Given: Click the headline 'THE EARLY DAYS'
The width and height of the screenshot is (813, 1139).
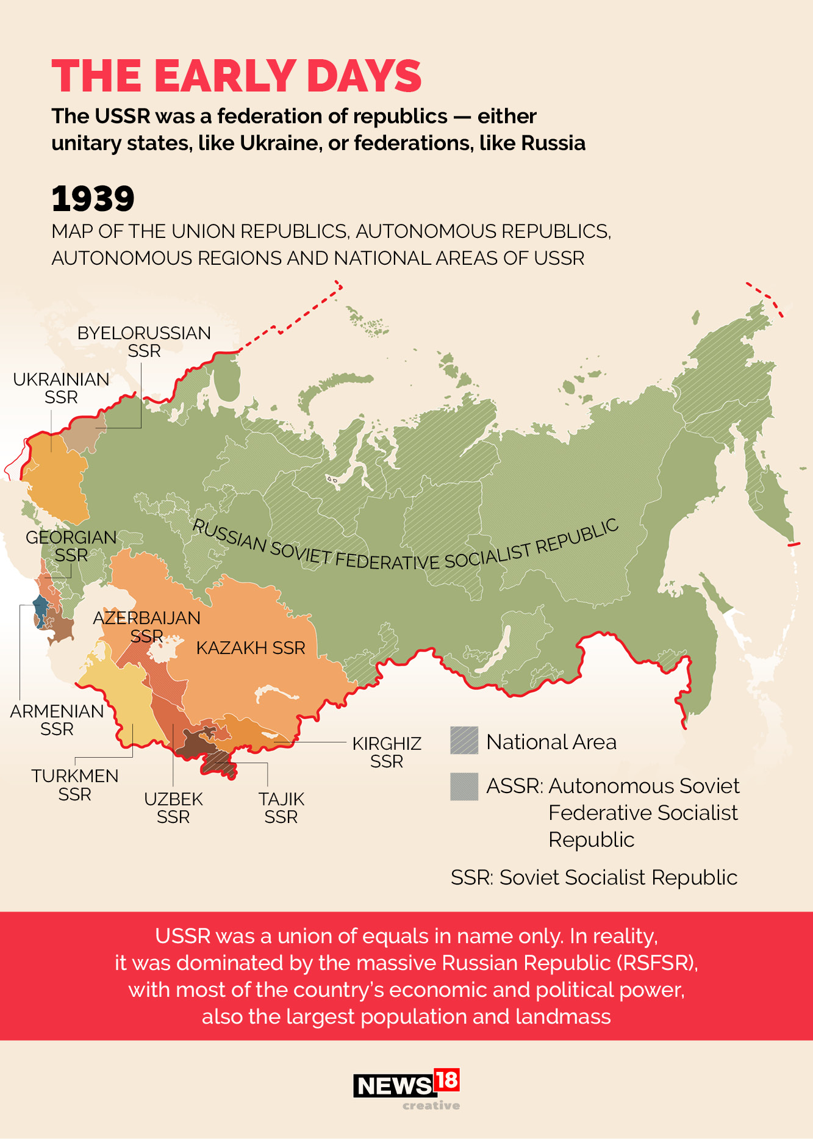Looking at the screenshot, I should pos(236,76).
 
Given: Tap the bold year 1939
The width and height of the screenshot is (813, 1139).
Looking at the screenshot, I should pos(93,199).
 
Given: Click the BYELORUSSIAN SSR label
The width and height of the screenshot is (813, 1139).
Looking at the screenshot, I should pos(144,342).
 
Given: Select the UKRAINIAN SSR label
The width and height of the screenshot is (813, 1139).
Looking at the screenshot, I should pos(61,388).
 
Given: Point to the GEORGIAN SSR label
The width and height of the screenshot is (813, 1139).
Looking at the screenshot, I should pos(71,546).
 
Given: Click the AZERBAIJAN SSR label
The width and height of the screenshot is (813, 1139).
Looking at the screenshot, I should pos(146,627).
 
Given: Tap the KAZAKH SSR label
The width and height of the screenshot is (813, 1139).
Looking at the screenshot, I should pos(250,648).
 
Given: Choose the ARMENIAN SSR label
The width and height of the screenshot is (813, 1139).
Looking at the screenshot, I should pos(57,720).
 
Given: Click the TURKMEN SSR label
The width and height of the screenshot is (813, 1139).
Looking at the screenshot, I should pos(74,785).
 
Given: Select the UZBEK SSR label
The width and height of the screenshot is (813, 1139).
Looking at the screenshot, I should pos(173,808).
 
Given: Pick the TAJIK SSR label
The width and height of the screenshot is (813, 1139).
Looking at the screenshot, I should pos(281,808).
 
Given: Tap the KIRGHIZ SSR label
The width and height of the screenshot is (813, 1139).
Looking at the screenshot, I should pos(387,752).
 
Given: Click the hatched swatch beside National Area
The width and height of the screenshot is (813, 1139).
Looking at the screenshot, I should pos(464,741).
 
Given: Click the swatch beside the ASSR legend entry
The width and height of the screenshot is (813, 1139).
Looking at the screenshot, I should pos(464,786).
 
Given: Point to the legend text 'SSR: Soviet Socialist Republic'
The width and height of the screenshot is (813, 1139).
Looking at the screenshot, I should pos(593,877).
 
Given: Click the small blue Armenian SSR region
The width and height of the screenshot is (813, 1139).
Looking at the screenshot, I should pos(40,610).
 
